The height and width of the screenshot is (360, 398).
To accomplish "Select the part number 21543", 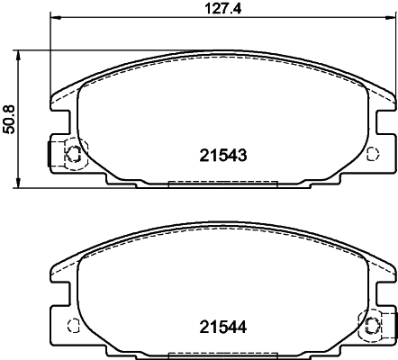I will pos(222,155).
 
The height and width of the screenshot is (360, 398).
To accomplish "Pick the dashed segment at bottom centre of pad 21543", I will pos(222,184).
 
